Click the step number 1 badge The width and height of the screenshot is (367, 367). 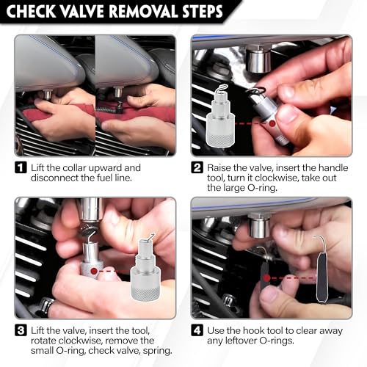(21, 168)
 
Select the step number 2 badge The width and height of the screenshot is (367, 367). (197, 168)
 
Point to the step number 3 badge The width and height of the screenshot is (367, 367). (21, 330)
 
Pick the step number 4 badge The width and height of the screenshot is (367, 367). (197, 330)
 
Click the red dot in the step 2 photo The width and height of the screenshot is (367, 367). (272, 123)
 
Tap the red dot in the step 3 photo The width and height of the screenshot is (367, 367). (93, 271)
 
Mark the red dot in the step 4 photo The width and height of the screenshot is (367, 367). (266, 277)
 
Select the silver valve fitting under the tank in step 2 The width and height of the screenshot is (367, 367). (258, 60)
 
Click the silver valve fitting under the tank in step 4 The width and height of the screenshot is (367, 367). (259, 225)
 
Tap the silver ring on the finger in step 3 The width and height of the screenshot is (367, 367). (47, 306)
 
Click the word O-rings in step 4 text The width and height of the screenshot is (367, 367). (276, 341)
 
